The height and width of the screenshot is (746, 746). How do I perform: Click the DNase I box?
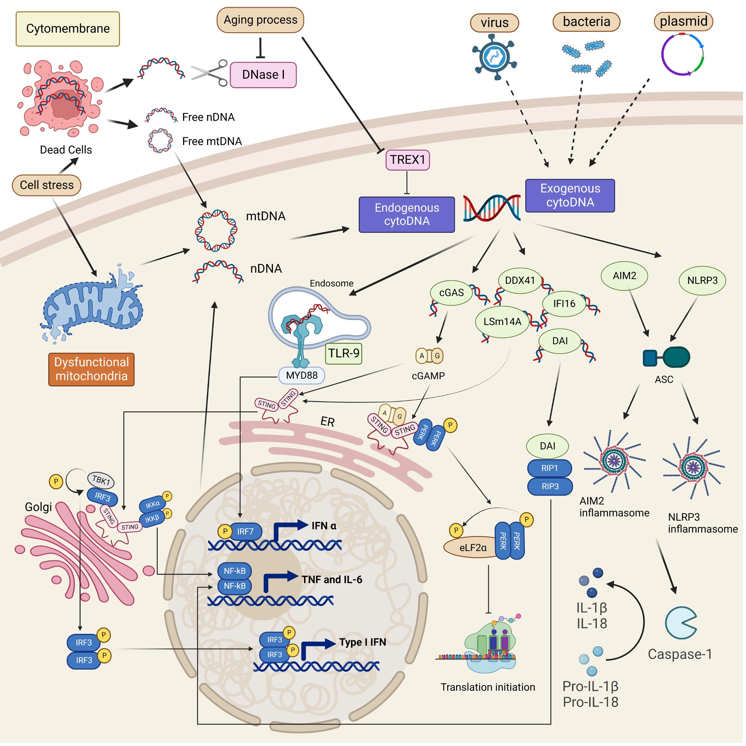point(263,75)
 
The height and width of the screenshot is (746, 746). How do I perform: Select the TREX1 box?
point(407,160)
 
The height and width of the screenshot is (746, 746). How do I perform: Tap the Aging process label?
point(260,20)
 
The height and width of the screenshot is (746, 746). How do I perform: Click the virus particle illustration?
point(494,57)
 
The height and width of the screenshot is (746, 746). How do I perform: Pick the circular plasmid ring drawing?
point(682,55)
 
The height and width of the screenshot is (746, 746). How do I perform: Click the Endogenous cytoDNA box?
point(406,214)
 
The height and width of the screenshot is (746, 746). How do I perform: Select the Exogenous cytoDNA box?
point(570,195)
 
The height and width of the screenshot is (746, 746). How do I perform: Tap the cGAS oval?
point(451,293)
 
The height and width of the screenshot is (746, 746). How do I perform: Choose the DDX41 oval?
point(520,280)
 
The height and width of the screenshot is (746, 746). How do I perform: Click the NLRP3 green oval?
point(702,280)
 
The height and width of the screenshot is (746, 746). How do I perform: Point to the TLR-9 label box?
point(344,353)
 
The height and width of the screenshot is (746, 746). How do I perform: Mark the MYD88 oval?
point(301,375)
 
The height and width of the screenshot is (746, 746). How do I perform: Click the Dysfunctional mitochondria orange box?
point(91,369)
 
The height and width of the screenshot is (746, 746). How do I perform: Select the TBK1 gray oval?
point(101,480)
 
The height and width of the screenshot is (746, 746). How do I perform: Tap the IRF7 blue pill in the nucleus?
point(245,531)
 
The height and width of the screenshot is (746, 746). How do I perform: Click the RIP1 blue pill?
point(549,468)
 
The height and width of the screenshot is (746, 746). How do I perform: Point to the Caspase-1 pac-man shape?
point(680,623)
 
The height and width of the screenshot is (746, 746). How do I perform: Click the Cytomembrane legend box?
point(68,29)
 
